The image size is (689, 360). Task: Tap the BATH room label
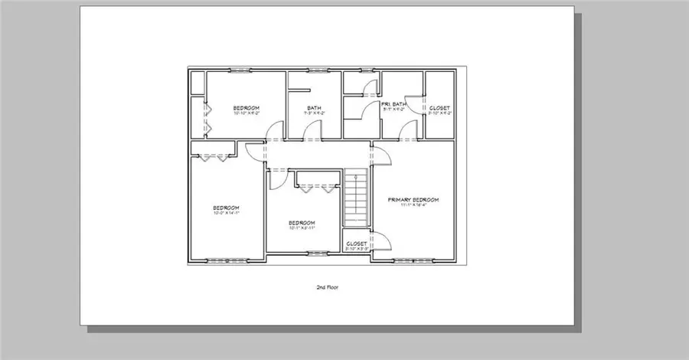coord(314,107)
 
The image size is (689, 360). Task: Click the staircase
coord(356,199)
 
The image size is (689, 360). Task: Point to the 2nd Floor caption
coord(327,288)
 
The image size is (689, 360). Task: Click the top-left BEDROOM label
coord(247,107)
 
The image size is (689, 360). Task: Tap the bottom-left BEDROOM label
coord(226,208)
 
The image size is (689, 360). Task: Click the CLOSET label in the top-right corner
coord(439,108)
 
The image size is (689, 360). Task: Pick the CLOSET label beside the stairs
coord(356,244)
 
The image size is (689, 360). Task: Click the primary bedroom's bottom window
coord(414,262)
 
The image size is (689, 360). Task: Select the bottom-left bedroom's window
coord(224,262)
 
